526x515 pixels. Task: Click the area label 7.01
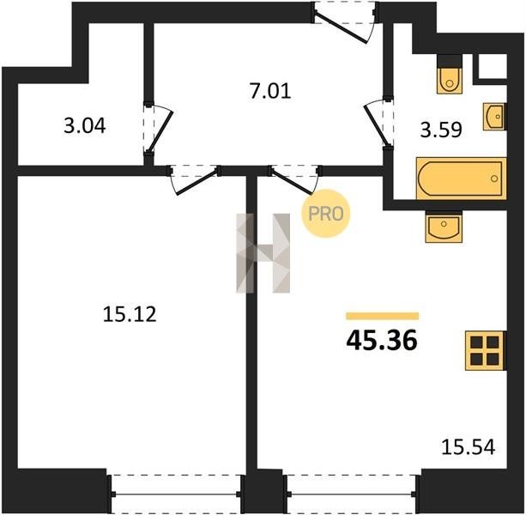coord(270,91)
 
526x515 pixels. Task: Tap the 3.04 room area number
coord(85,126)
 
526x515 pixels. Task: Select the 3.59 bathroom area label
coord(441,130)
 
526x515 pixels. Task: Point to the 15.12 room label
coord(130,315)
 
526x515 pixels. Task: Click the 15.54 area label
coord(468,447)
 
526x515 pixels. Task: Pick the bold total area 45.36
coord(382,341)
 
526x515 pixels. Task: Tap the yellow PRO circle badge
coord(326,214)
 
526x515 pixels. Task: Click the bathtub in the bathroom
coord(461,179)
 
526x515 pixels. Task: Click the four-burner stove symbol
coord(485,350)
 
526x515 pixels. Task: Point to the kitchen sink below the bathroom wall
coord(444,227)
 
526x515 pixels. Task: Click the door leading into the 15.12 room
coord(195,179)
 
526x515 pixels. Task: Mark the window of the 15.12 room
coord(176,494)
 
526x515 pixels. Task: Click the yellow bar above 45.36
coord(383,316)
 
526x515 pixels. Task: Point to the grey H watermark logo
coord(263,253)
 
